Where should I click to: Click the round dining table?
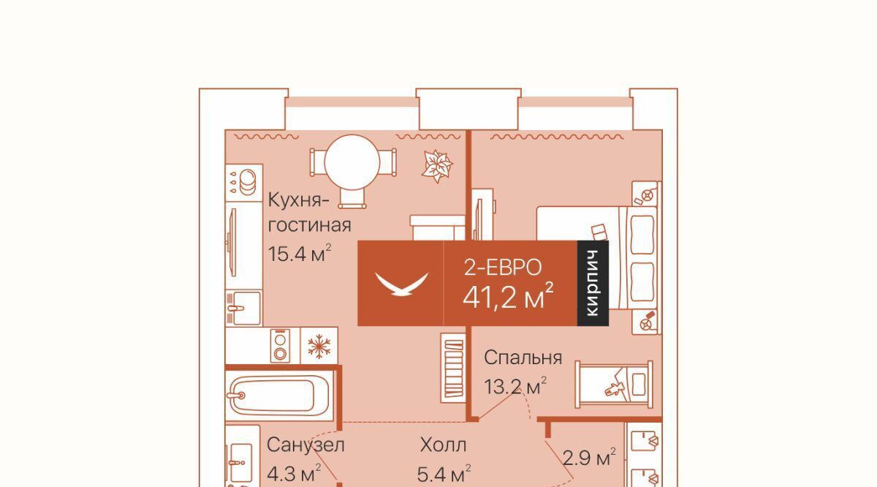352,162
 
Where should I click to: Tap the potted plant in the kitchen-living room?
437,166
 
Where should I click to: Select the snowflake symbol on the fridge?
319,347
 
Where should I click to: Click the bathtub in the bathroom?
279,396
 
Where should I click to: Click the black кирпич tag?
593,283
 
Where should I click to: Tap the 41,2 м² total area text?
508,296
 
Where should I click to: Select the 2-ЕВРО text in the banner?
503,268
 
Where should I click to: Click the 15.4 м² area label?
300,253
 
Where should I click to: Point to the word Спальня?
523,358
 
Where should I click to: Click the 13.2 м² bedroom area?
515,386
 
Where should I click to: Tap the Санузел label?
305,445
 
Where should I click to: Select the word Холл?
443,445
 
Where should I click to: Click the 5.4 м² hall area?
444,474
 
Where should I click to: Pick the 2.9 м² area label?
589,457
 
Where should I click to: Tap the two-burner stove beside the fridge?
280,344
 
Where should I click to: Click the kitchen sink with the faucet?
243,309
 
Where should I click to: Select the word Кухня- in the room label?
298,200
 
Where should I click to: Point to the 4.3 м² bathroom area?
294,474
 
